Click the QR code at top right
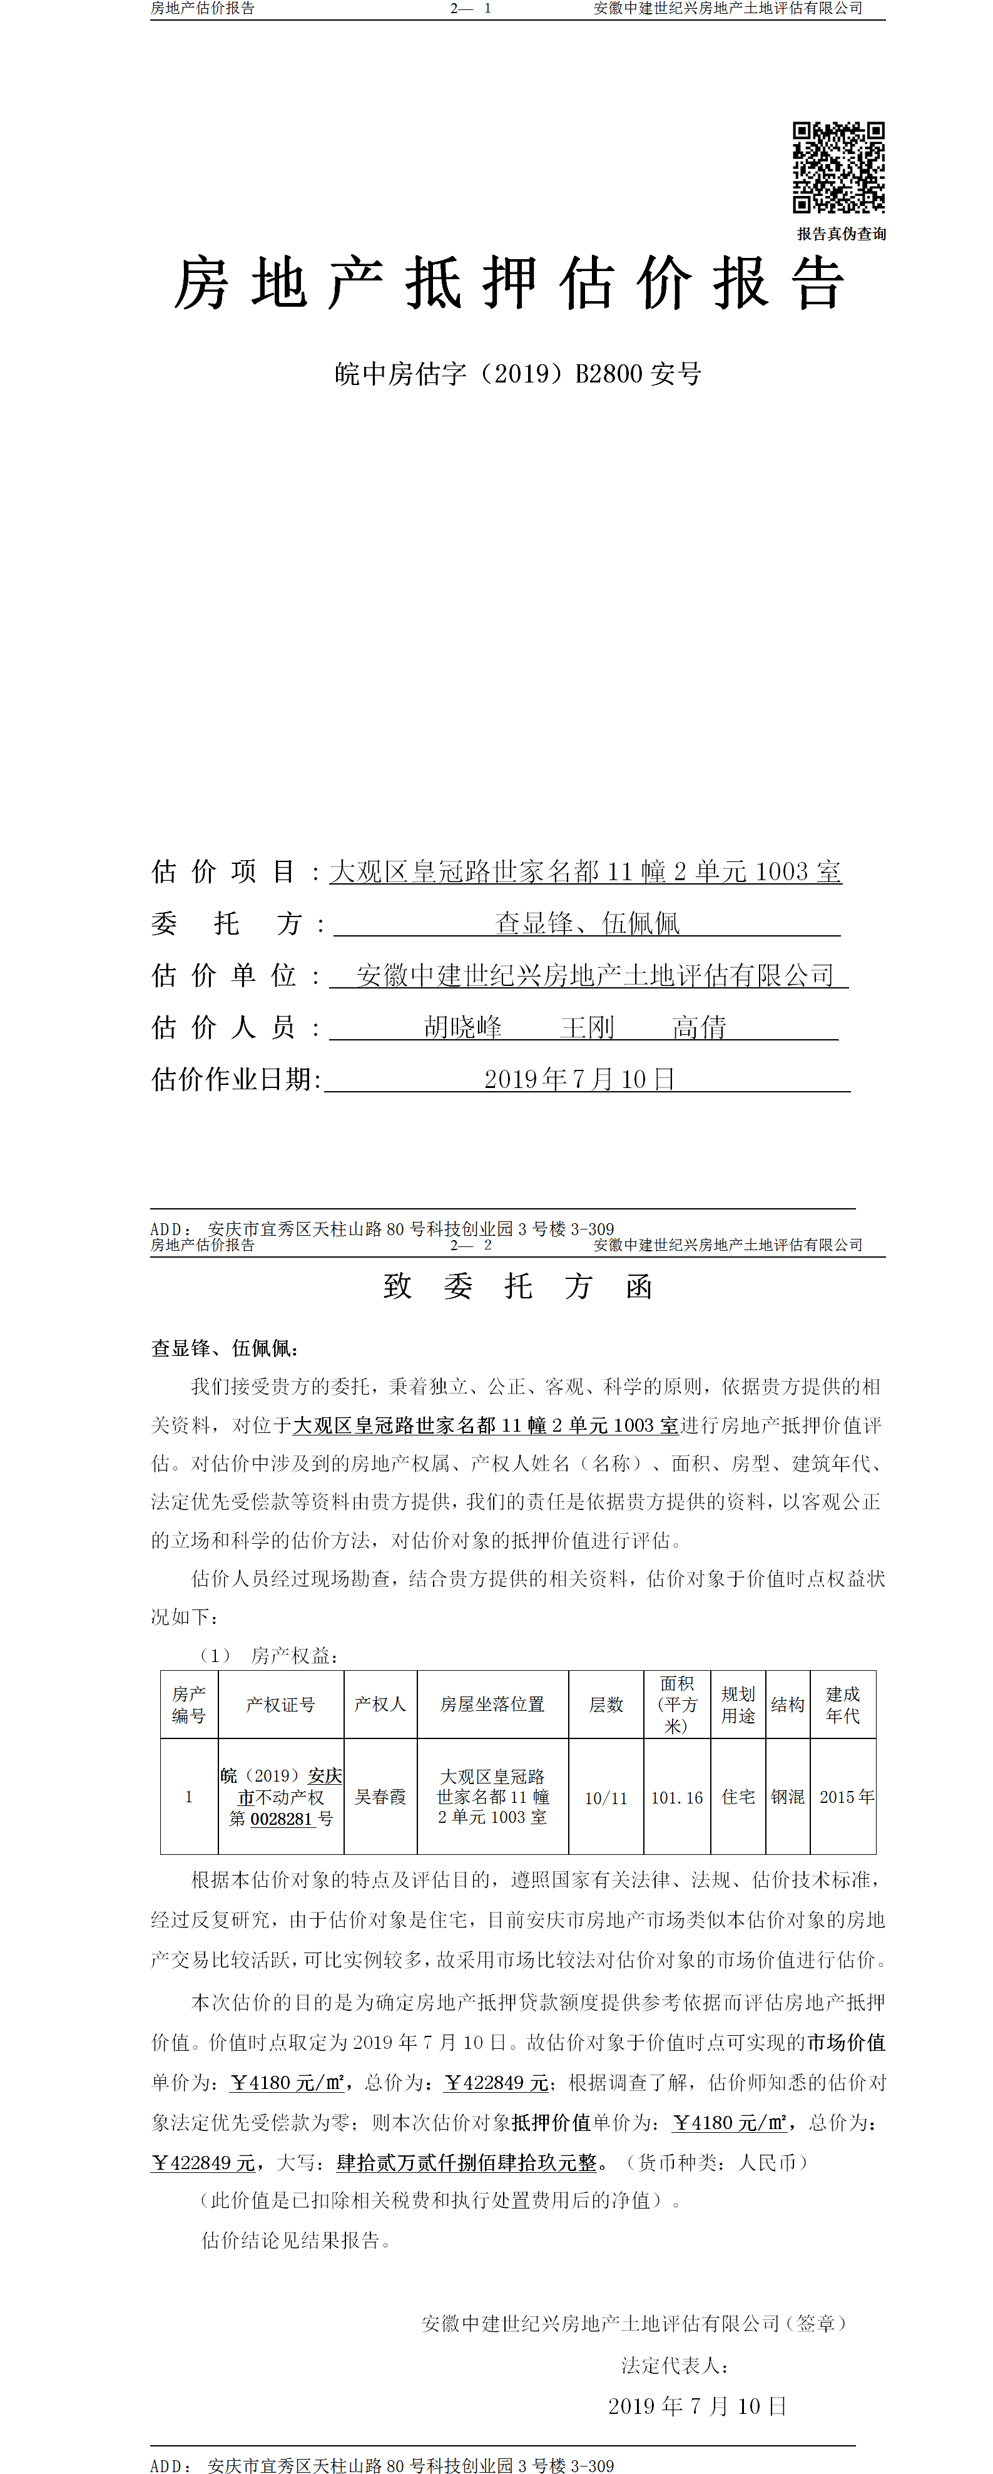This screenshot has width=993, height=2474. [837, 167]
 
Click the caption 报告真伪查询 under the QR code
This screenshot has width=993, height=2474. [841, 234]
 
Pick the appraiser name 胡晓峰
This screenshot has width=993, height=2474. [463, 1028]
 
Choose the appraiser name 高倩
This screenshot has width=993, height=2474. [699, 1028]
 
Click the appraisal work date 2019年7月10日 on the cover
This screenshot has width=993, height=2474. [579, 1079]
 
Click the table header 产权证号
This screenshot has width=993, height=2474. [280, 1704]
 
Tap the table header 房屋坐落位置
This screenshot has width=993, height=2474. [492, 1704]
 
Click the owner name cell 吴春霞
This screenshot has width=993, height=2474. [380, 1796]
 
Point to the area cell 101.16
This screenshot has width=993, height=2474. [677, 1797]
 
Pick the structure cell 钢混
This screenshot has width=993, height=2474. [788, 1796]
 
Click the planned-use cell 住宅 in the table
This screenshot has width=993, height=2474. [738, 1796]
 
